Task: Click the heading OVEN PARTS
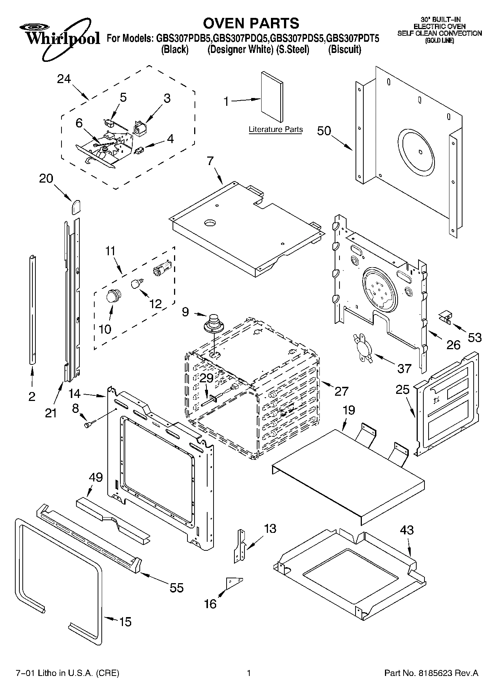(251, 23)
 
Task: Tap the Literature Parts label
(275, 130)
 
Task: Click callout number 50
(324, 131)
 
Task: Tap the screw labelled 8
(89, 424)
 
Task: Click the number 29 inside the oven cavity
(206, 378)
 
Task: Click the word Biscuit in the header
(344, 50)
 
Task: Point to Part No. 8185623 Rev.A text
(431, 673)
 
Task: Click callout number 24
(64, 79)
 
